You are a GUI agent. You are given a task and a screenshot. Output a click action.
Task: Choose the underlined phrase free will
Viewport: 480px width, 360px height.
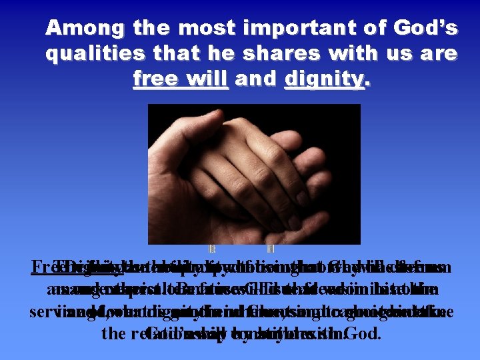(x=181, y=80)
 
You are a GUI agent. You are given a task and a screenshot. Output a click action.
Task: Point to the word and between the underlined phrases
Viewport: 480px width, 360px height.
(x=256, y=80)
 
